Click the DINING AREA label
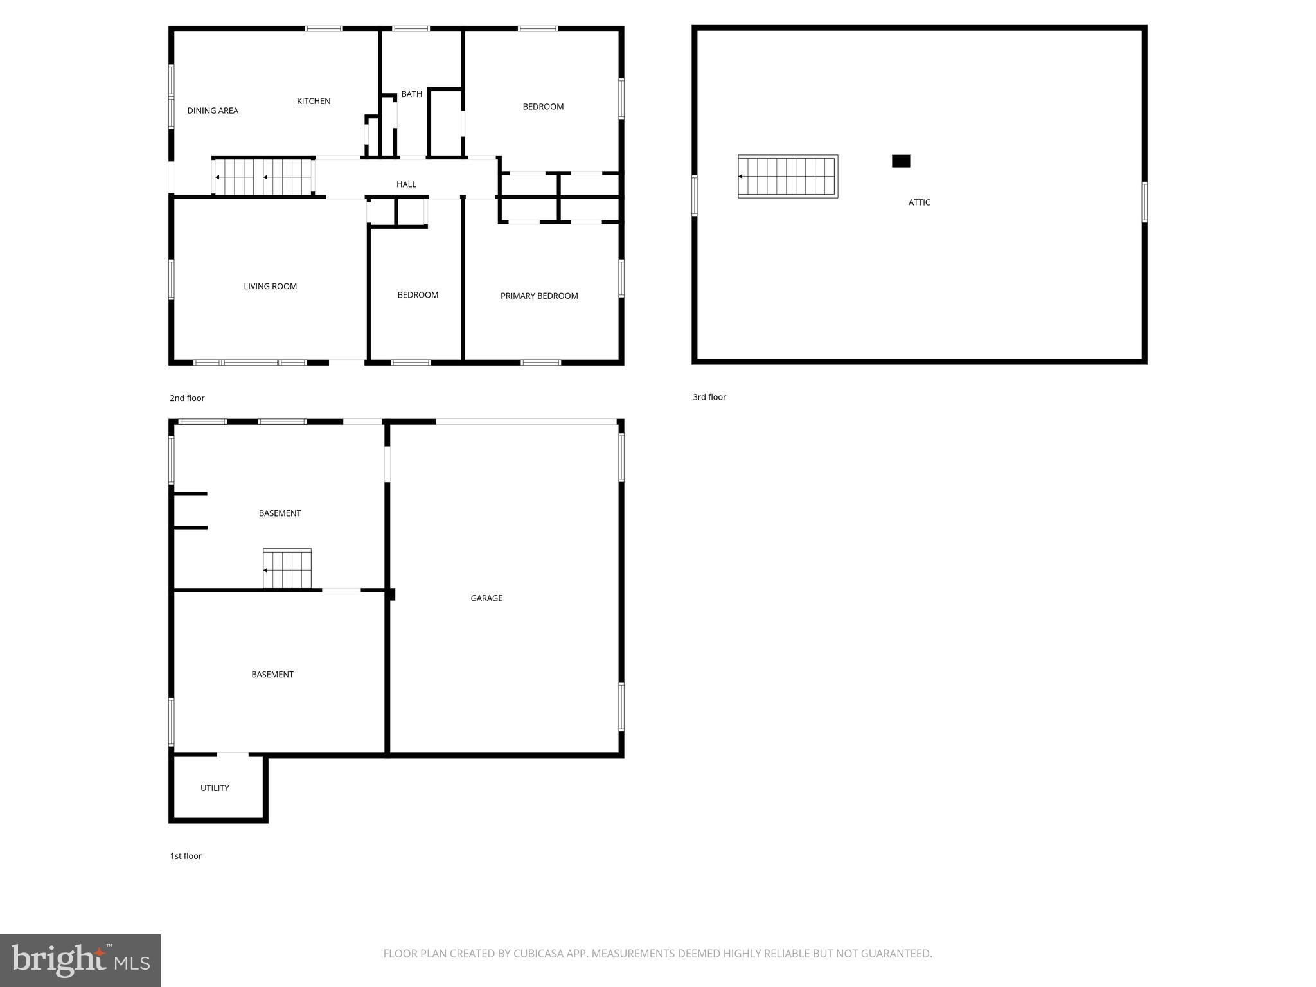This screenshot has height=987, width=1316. (213, 111)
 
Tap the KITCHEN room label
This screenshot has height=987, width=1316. (314, 101)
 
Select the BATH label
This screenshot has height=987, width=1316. (411, 94)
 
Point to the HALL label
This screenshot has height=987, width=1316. (406, 184)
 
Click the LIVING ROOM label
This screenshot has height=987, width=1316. (270, 287)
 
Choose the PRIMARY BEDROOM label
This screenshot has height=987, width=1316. (539, 296)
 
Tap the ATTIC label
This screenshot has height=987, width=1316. (919, 202)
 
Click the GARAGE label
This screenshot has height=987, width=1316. (486, 598)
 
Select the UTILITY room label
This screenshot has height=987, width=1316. (215, 788)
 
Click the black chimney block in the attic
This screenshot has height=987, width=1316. (901, 161)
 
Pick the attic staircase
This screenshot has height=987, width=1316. (788, 176)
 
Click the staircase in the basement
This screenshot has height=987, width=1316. (287, 569)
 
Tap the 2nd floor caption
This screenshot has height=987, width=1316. (187, 398)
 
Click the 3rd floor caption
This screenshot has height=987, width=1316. (709, 397)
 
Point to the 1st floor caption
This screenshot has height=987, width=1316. (186, 856)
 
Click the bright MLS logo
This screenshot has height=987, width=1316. (80, 960)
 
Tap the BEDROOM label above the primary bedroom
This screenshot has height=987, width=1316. (543, 107)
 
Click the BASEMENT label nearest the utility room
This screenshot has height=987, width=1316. (272, 675)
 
